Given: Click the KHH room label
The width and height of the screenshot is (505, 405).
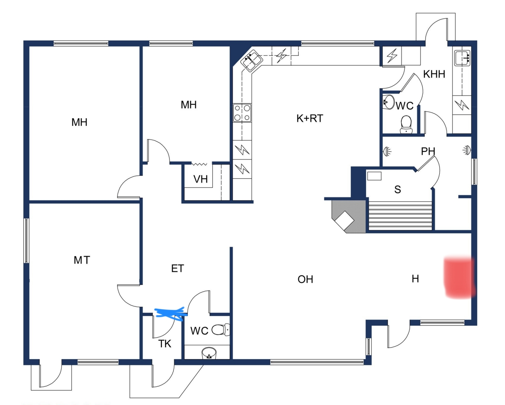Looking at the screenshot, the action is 434,74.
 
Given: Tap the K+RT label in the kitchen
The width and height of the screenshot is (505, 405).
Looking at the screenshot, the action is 310,119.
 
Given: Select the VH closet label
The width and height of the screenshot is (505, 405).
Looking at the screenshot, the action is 201,179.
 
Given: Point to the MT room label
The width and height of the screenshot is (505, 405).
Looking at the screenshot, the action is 82,260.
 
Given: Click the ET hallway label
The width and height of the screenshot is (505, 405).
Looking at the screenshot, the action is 178,268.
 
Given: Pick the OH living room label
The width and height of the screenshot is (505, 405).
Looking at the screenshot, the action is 305,279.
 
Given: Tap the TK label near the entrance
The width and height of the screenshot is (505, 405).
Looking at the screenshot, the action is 165,344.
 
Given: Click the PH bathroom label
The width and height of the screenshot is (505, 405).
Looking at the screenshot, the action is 428,151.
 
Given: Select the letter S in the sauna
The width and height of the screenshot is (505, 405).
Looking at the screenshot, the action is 398,189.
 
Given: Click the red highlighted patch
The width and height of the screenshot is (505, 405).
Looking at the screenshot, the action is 460,278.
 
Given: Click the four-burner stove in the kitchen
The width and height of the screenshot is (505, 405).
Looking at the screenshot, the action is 242,113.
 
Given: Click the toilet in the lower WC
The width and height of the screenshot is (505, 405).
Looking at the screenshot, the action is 221,330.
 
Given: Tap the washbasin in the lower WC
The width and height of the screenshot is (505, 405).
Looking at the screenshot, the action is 209,353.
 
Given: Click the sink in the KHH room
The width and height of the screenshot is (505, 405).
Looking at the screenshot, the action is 462,58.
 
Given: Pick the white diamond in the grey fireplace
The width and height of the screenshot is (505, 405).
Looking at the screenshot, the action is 344,221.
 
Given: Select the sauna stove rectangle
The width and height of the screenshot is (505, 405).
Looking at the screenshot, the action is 374,176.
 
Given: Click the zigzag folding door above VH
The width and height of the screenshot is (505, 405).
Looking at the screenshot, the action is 199,164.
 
